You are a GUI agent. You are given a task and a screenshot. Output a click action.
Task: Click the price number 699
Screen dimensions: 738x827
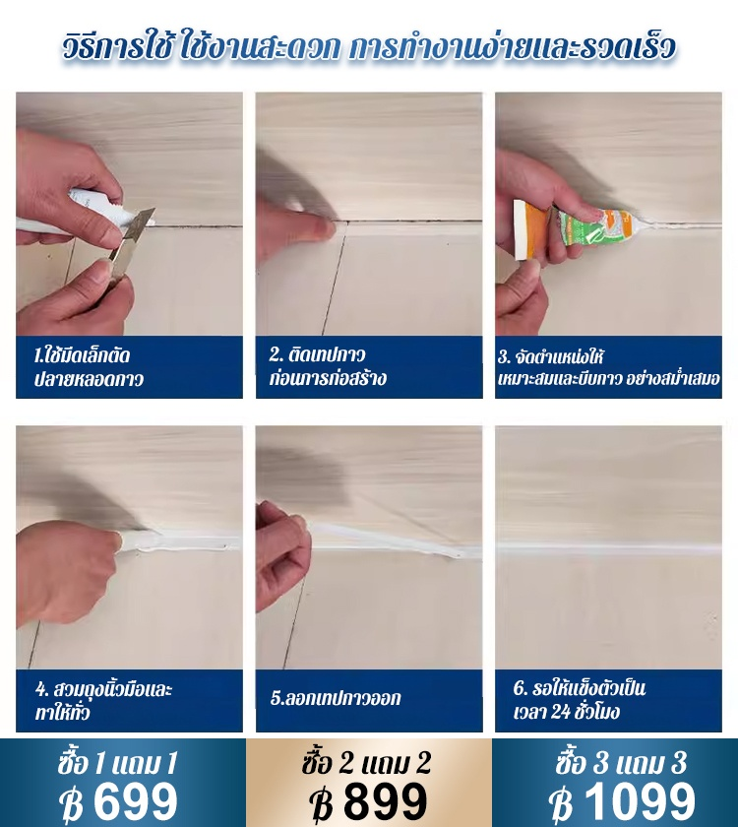[x=136, y=801]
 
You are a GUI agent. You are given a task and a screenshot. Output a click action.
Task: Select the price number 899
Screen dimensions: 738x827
[x=385, y=801]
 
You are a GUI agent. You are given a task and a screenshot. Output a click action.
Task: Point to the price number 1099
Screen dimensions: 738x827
[x=640, y=801]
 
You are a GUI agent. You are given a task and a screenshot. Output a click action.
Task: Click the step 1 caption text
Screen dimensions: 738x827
[x=89, y=367]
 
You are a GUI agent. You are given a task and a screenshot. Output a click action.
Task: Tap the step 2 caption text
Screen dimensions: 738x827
[x=328, y=366]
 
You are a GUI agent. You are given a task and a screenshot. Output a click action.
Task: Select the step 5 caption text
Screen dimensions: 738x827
[x=336, y=698]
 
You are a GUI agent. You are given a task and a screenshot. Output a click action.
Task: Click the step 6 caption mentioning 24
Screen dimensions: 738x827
[x=580, y=700]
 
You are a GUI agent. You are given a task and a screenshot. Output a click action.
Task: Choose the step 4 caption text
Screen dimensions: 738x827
[x=104, y=701]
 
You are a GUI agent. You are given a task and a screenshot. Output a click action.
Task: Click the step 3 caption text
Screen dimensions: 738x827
[x=609, y=367]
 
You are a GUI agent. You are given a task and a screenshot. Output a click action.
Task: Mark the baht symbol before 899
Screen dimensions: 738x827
[x=321, y=802]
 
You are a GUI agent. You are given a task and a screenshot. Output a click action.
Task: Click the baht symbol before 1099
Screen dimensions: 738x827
[x=561, y=802]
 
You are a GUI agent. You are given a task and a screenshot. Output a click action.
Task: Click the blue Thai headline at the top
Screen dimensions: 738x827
[x=369, y=47]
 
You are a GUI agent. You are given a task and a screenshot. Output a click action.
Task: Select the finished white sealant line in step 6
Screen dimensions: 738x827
[x=608, y=547]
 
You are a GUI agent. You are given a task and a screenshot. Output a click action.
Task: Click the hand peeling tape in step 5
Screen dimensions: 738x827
[x=282, y=556]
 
